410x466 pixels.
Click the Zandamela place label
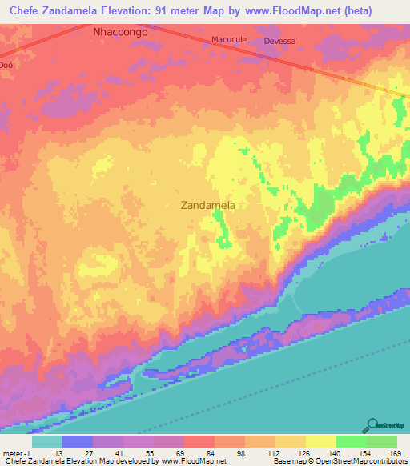(208, 205)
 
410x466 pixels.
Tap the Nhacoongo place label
(121, 32)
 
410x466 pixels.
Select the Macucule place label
(227, 39)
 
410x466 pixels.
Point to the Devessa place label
(279, 41)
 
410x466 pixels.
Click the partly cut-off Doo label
(6, 65)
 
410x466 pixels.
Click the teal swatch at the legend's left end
(47, 441)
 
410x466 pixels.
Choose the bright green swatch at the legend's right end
(382, 441)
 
